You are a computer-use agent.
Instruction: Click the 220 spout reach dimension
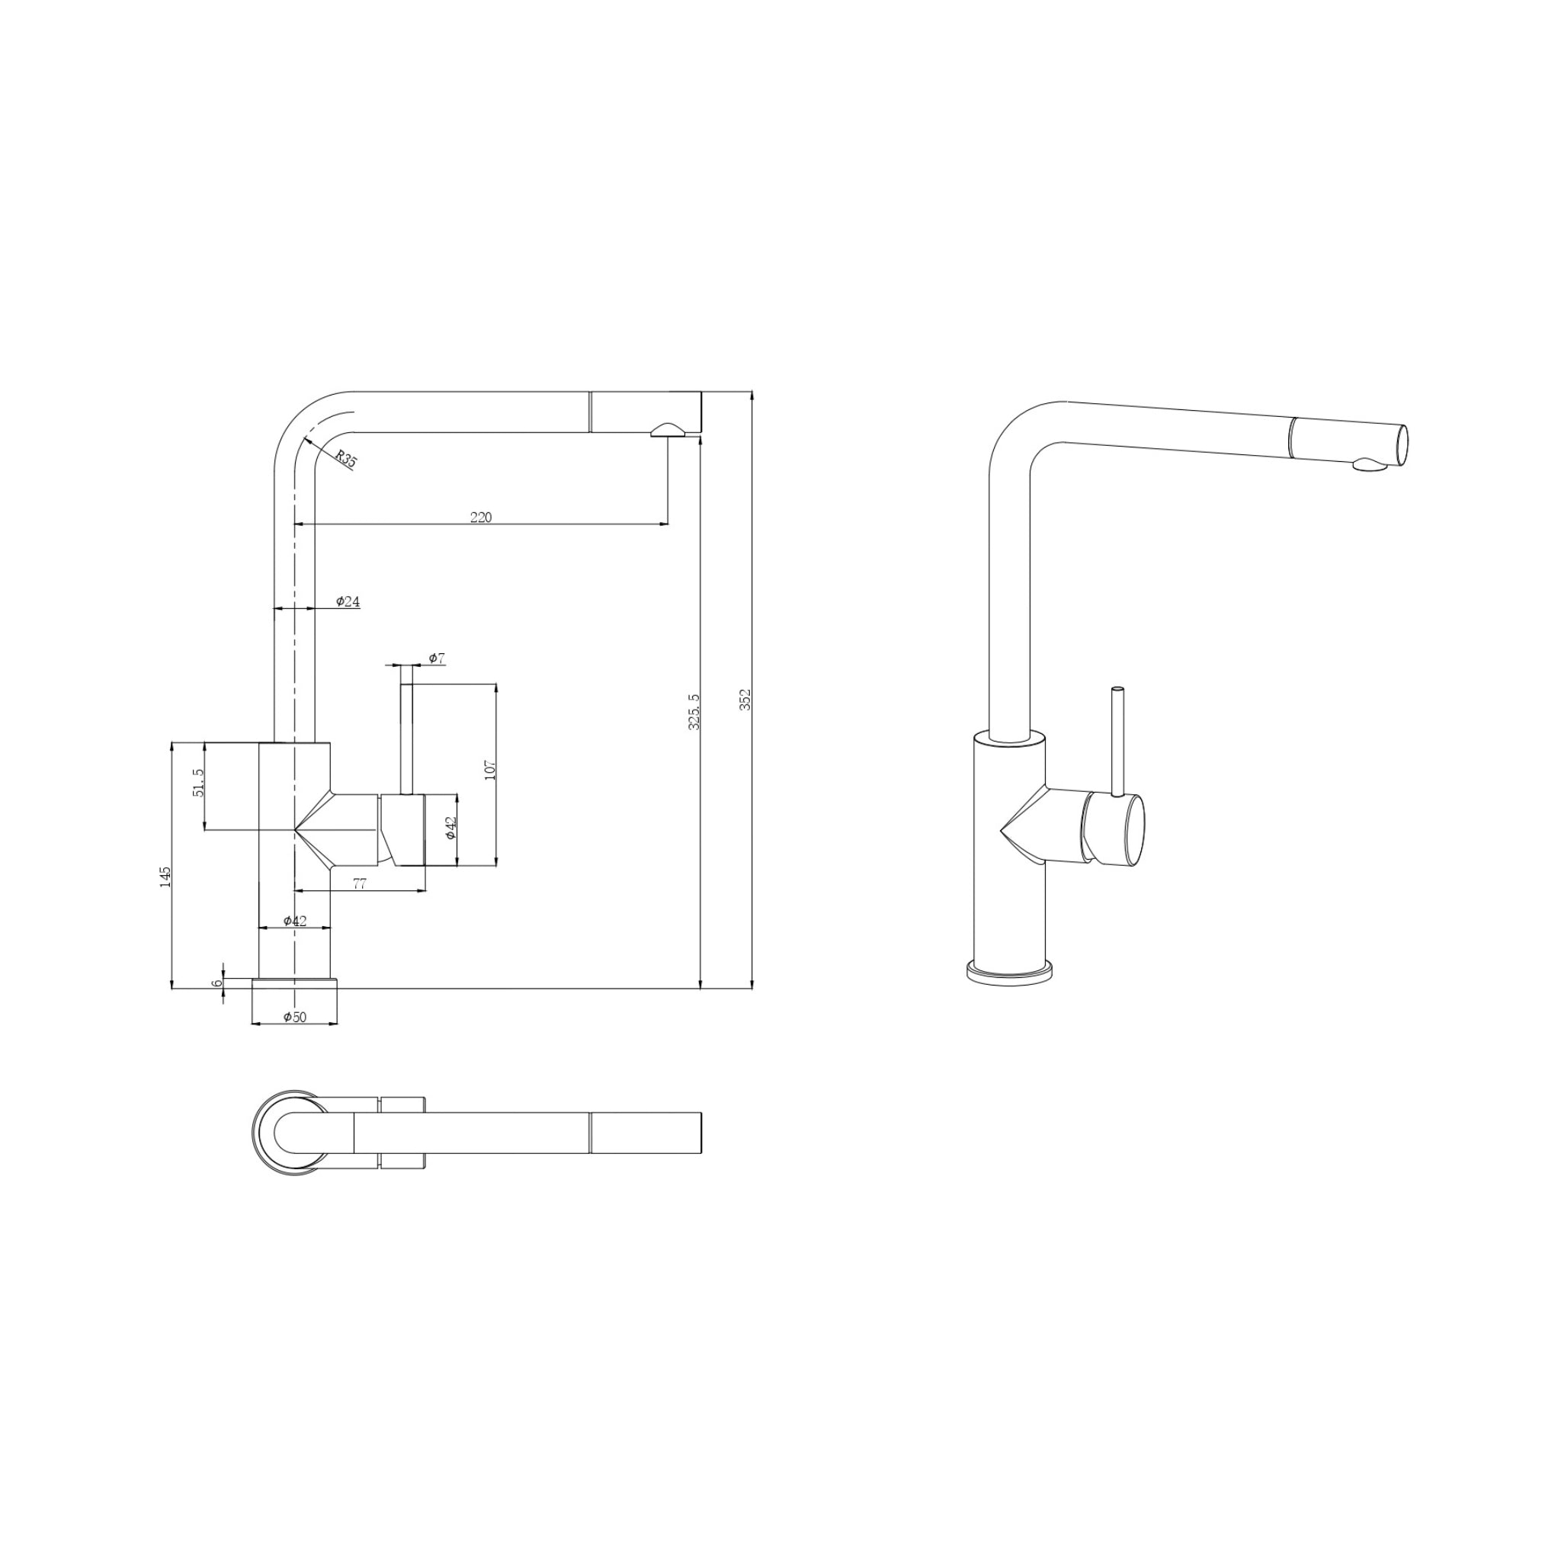pos(481,518)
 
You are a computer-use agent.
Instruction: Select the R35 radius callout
pos(346,460)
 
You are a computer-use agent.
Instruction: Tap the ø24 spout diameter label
pos(348,601)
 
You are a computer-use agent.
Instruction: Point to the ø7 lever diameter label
pos(437,659)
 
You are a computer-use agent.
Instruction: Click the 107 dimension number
pos(489,768)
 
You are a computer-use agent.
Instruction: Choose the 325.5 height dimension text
pos(694,712)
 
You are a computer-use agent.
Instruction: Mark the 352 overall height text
pos(745,700)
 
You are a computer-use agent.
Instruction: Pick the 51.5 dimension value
pos(199,782)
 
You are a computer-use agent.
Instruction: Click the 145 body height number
pos(165,877)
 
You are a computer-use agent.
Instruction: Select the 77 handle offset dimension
pos(361,884)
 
